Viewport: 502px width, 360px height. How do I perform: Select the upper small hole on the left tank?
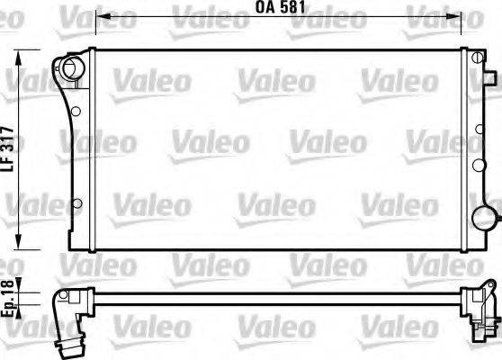[76, 112]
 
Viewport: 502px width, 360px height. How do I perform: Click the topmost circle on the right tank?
[471, 62]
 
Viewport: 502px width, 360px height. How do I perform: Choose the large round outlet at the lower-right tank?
[483, 218]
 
